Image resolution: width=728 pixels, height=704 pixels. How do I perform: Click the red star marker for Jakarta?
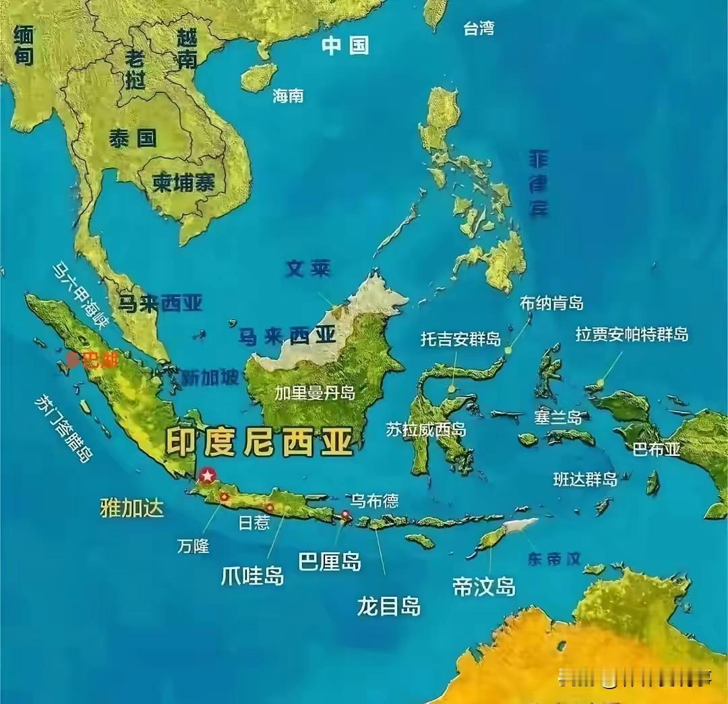click(207, 476)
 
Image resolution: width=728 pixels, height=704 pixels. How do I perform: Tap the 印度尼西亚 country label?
click(260, 443)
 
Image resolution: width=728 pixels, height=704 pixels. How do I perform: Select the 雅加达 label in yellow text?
click(132, 508)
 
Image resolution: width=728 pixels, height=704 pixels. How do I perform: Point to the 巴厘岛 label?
click(330, 561)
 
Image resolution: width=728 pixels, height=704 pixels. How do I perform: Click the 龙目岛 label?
click(389, 606)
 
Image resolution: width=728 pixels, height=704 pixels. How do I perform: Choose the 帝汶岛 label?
click(484, 586)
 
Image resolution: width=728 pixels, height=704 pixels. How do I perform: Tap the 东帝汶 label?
click(554, 559)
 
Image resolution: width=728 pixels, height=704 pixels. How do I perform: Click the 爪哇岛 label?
click(253, 575)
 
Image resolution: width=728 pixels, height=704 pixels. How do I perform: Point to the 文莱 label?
click(308, 269)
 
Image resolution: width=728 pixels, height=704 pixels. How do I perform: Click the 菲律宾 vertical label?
click(538, 183)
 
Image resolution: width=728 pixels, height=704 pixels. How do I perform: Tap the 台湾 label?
click(479, 28)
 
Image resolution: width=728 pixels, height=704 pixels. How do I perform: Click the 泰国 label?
click(133, 138)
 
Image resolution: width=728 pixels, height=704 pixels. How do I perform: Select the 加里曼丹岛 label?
click(314, 392)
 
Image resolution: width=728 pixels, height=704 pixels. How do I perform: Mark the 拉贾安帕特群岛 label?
click(632, 334)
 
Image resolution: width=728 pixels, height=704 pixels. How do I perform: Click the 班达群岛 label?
click(585, 479)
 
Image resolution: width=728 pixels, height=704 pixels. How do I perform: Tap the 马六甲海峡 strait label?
click(80, 295)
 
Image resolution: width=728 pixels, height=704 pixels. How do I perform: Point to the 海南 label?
click(288, 96)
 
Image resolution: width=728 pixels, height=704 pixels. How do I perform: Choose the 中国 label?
click(345, 46)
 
